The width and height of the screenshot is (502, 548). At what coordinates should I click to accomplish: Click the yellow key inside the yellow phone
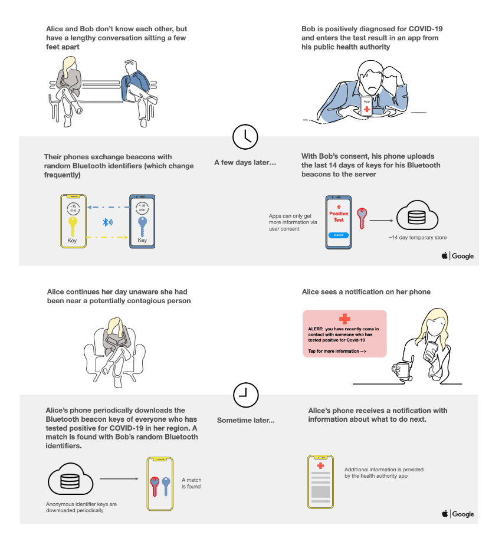coord(73,225)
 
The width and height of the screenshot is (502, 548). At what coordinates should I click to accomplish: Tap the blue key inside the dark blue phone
coord(142,225)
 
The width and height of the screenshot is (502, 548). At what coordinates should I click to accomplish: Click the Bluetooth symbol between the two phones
coord(107,222)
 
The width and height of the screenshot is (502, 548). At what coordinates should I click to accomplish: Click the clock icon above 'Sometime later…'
coord(245,395)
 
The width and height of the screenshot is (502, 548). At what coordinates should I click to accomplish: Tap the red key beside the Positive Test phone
coord(362,218)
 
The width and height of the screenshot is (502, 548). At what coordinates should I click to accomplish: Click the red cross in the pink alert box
coord(344,319)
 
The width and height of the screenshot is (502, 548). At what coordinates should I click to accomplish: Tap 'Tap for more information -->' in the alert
coord(337,352)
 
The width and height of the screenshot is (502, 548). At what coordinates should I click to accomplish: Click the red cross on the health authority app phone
coord(320,466)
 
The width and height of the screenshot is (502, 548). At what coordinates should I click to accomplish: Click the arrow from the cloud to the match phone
coord(114,480)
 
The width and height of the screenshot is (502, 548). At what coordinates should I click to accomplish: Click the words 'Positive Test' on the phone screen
coord(339,216)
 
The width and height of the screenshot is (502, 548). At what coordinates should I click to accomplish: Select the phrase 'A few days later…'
coord(245,162)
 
